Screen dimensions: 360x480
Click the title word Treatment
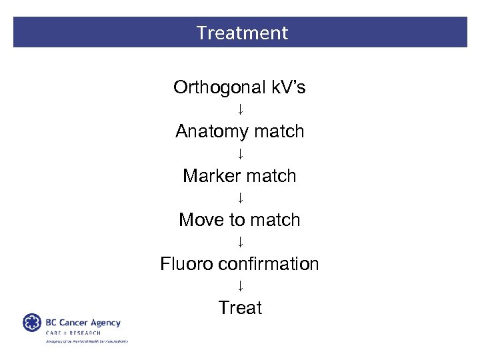242,33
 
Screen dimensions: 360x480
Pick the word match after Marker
271,176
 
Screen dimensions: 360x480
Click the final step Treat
240,308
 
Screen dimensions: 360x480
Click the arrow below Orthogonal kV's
240,109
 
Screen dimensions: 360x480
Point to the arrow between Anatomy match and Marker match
240,154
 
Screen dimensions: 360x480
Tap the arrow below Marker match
240,198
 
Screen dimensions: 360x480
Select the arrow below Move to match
240,242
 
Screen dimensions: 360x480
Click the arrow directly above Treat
240,286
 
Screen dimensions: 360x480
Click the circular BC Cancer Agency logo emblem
32,323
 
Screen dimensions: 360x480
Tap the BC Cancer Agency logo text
83,323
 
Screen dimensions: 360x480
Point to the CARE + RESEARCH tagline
73,333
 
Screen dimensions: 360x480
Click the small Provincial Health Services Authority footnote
86,341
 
